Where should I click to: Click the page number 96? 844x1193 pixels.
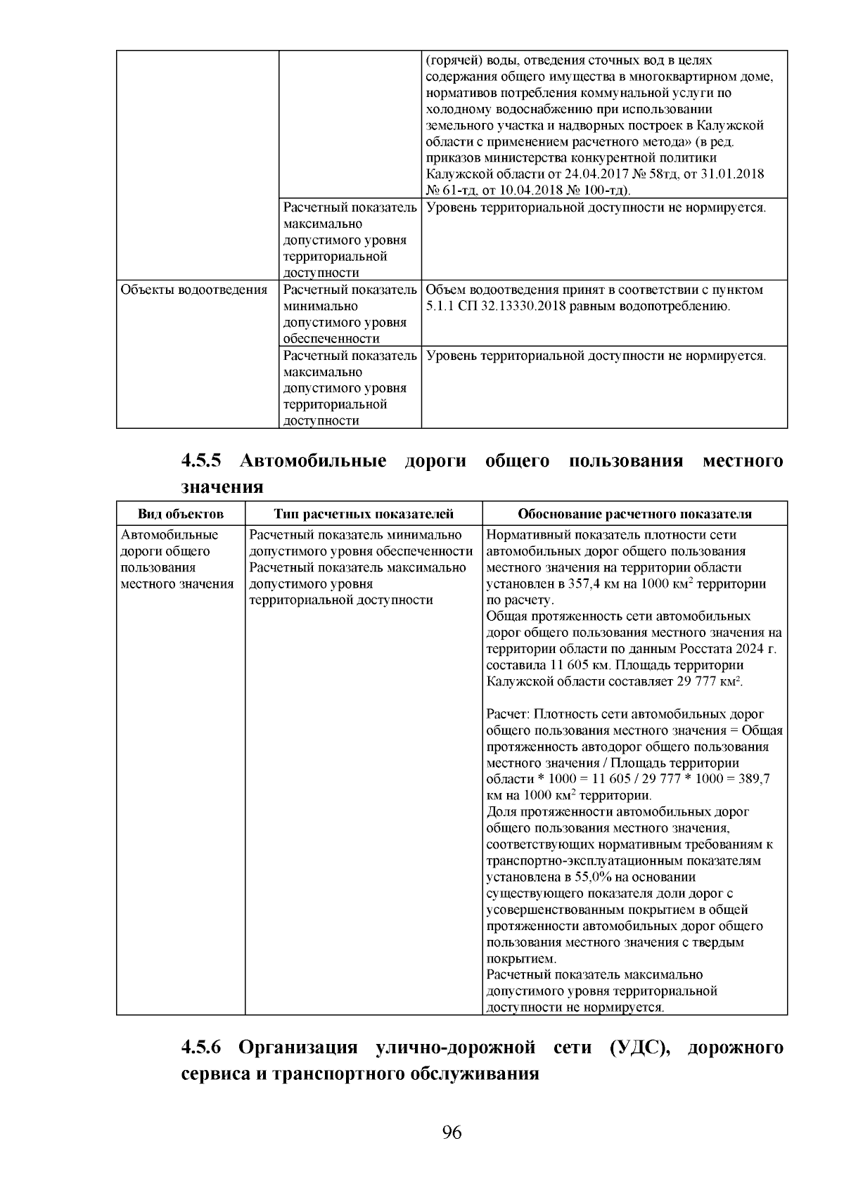(x=452, y=1133)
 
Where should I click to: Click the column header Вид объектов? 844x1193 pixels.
(x=180, y=514)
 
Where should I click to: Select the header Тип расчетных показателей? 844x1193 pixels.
(x=364, y=514)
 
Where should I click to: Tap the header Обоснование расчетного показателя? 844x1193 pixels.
(x=634, y=514)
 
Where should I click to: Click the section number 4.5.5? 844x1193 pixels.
(x=201, y=461)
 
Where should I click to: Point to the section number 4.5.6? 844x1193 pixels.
(x=201, y=1048)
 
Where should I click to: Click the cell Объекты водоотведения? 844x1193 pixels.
(x=194, y=290)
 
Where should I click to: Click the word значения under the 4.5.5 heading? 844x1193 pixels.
(x=222, y=486)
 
